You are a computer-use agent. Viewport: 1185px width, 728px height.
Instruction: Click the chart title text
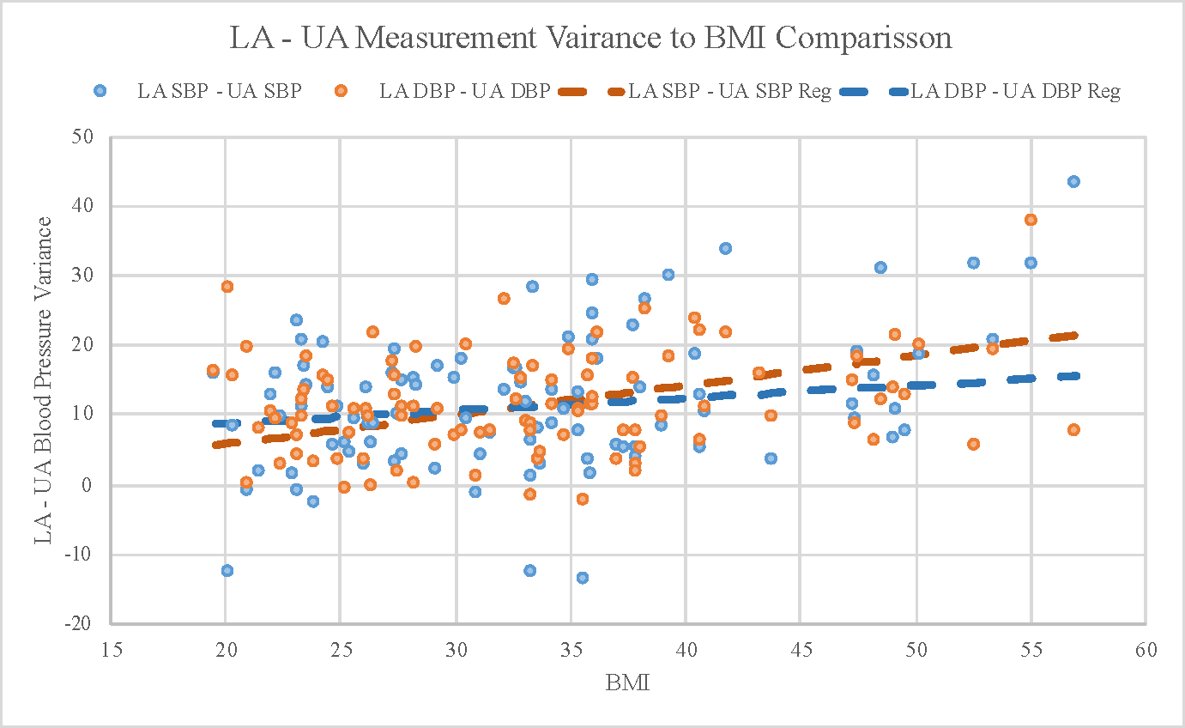(x=591, y=38)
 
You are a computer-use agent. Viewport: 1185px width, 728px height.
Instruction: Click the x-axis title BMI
(x=628, y=684)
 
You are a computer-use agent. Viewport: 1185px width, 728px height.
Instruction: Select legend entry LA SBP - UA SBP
(x=220, y=91)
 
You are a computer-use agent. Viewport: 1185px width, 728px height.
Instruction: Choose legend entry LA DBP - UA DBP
(x=464, y=91)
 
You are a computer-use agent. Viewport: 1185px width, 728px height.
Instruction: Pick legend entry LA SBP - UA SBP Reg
(x=729, y=91)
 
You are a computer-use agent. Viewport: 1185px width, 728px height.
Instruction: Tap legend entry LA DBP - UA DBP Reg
(x=1015, y=91)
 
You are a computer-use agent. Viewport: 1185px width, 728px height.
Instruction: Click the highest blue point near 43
(x=1073, y=181)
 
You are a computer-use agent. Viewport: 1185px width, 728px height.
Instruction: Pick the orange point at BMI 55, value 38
(x=1031, y=220)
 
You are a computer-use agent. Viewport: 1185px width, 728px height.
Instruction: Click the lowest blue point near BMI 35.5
(x=583, y=578)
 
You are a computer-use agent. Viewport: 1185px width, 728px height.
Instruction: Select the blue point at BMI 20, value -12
(x=227, y=570)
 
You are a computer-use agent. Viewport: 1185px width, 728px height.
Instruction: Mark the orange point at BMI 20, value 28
(x=227, y=287)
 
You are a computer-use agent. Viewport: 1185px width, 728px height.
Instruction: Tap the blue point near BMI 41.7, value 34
(x=725, y=248)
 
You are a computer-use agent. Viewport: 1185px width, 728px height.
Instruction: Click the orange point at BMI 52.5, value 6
(x=973, y=444)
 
